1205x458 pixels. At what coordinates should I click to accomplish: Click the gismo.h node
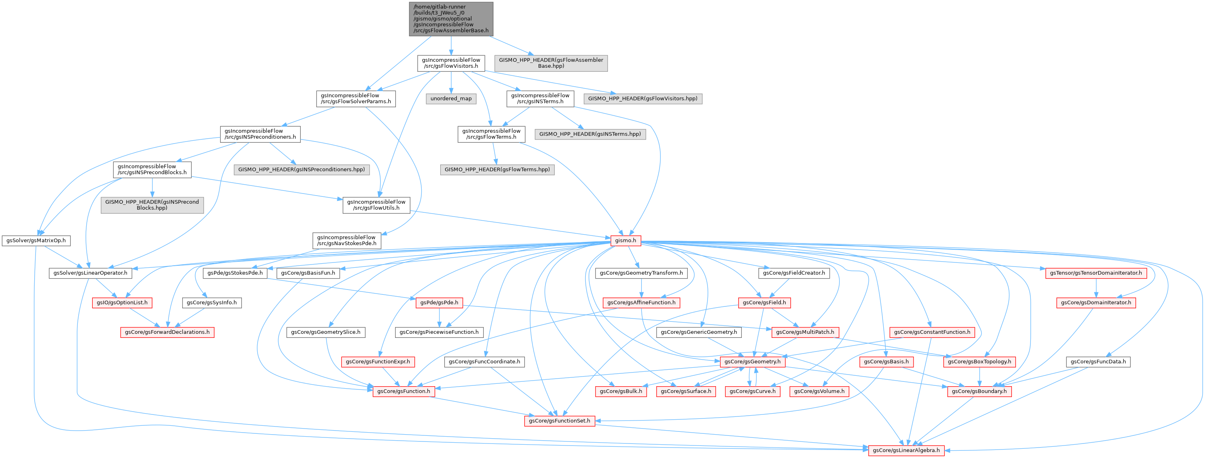click(625, 240)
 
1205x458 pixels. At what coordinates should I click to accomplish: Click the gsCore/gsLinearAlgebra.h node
click(906, 450)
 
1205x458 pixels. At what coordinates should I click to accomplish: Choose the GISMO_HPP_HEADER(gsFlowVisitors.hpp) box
click(642, 99)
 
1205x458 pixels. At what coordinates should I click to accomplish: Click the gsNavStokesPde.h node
click(346, 240)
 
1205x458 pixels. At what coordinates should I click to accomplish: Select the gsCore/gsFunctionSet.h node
click(560, 421)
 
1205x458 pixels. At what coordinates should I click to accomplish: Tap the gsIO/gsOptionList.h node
click(122, 303)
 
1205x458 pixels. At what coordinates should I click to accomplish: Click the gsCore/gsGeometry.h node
click(752, 362)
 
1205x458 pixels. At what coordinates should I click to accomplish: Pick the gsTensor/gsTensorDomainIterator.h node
click(1095, 273)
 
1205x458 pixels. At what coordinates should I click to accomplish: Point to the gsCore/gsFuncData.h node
click(1098, 362)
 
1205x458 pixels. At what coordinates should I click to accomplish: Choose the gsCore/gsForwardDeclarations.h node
click(167, 332)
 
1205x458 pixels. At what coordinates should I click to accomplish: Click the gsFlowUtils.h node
click(376, 205)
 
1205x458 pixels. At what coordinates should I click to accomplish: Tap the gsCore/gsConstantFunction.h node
click(932, 332)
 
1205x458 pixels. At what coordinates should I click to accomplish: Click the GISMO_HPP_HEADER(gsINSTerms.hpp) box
click(589, 134)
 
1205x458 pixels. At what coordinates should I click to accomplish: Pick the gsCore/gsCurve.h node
click(753, 391)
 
